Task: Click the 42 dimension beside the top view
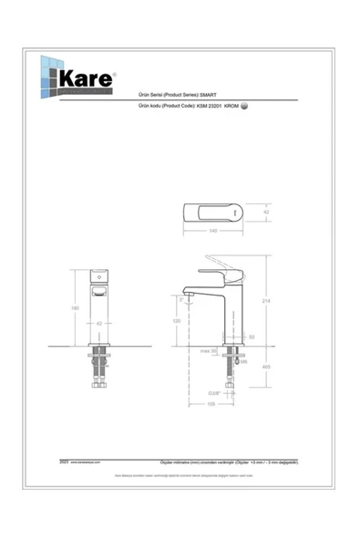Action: (x=266, y=213)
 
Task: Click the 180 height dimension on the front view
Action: (x=77, y=306)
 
